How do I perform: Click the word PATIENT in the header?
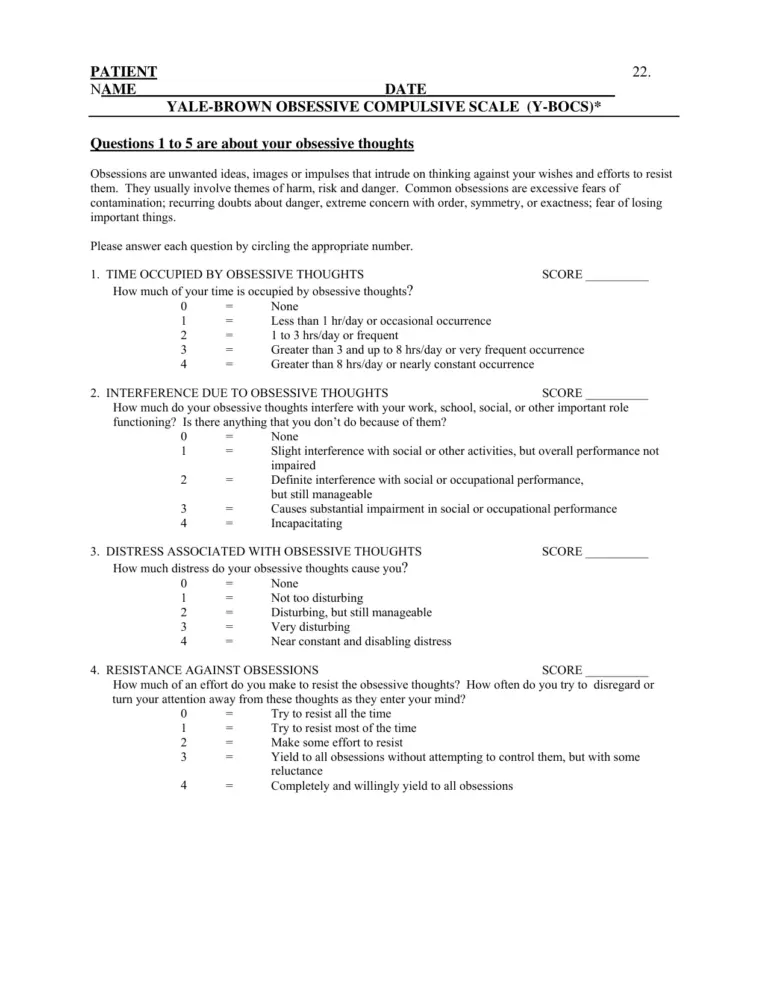(124, 72)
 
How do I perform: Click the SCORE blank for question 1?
(617, 274)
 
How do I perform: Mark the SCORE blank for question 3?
(617, 551)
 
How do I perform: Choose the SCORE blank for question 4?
(617, 670)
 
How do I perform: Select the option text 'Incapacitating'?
(306, 523)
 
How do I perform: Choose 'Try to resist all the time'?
(331, 714)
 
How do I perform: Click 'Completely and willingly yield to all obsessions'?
(392, 786)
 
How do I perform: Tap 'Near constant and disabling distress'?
(361, 641)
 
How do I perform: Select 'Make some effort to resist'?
(337, 743)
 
